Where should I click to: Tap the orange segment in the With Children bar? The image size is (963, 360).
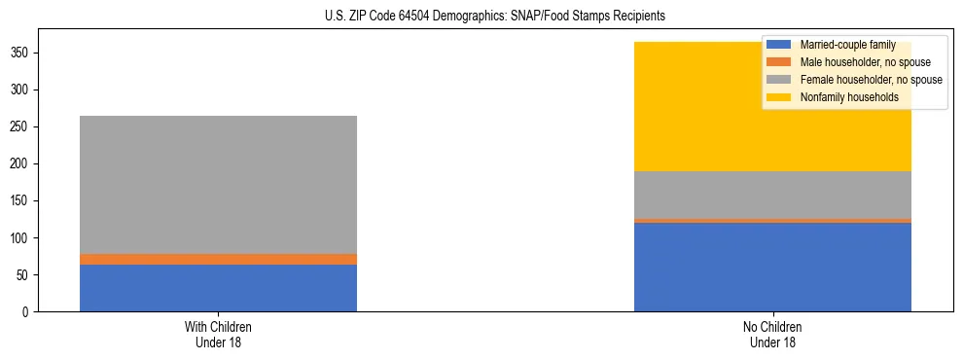point(218,259)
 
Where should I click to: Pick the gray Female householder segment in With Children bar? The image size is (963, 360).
point(218,185)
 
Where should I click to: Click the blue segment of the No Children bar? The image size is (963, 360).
point(772,268)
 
